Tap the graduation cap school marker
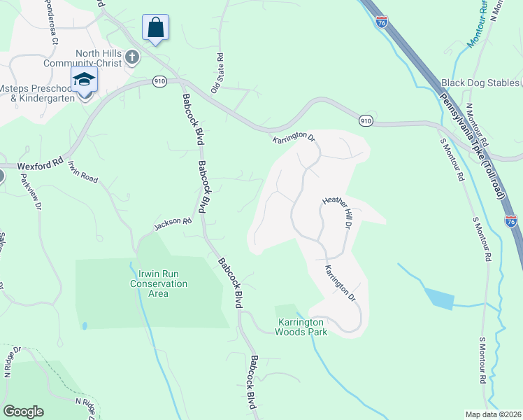84,80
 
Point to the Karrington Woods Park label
302,327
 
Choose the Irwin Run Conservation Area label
159,288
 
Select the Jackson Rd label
173,223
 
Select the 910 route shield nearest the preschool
159,81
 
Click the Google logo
23,412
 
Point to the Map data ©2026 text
494,414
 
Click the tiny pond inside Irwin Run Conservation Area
84,325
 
